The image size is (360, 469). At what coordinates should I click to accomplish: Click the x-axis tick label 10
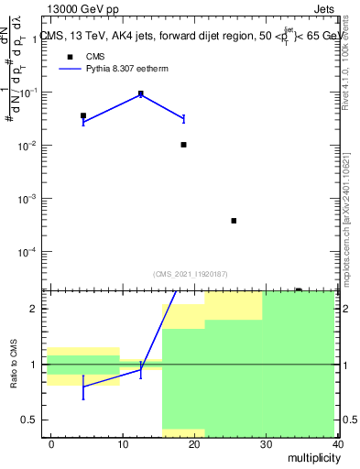[123, 443]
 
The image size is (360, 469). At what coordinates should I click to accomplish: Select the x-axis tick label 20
[194, 443]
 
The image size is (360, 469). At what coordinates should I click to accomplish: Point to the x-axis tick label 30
[266, 443]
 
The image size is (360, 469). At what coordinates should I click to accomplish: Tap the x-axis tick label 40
[337, 443]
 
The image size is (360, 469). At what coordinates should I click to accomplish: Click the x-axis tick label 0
[51, 443]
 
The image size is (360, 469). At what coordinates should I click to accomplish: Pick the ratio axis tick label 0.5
[29, 420]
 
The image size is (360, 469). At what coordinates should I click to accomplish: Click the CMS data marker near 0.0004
[235, 221]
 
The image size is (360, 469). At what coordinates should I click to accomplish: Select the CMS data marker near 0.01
[184, 145]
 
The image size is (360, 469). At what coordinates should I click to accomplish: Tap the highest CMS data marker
[141, 93]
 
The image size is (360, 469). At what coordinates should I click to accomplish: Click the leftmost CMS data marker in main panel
[83, 116]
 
